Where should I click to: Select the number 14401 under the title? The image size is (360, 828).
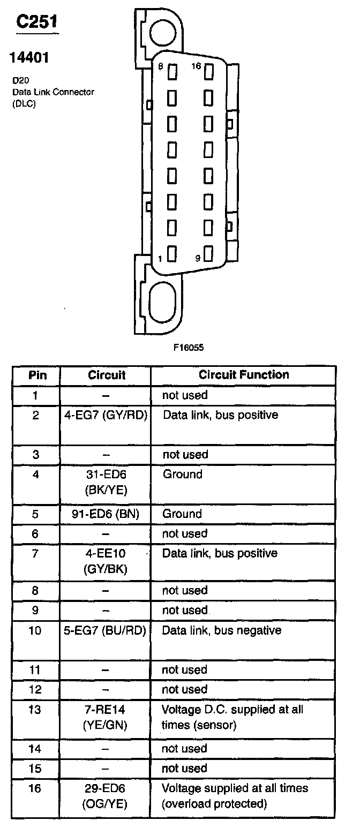coord(30,57)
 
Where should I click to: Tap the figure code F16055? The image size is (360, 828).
coord(188,347)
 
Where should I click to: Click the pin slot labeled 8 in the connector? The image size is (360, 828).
coord(172,71)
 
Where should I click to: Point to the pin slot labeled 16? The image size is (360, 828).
coord(209,71)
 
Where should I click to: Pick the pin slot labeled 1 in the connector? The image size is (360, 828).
coord(172,253)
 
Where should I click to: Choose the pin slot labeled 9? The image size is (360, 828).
coord(209,253)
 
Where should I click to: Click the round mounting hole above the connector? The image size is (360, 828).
coord(163,32)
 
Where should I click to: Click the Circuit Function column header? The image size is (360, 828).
coord(244,375)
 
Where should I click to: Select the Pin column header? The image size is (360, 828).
coord(37,375)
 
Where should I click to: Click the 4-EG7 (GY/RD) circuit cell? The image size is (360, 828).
coord(106,415)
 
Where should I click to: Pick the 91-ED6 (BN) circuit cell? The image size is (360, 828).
coord(106,514)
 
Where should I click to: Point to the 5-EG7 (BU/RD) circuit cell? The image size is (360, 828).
coord(106,630)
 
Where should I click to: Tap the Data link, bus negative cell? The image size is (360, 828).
coord(222,630)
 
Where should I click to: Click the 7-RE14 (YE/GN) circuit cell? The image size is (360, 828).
coord(106,717)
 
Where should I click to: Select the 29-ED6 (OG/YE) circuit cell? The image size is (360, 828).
coord(106,796)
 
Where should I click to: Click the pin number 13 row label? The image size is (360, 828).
coord(35,710)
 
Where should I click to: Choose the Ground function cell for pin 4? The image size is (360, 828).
coord(183,475)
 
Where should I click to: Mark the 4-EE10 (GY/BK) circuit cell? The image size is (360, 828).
coord(106,561)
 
